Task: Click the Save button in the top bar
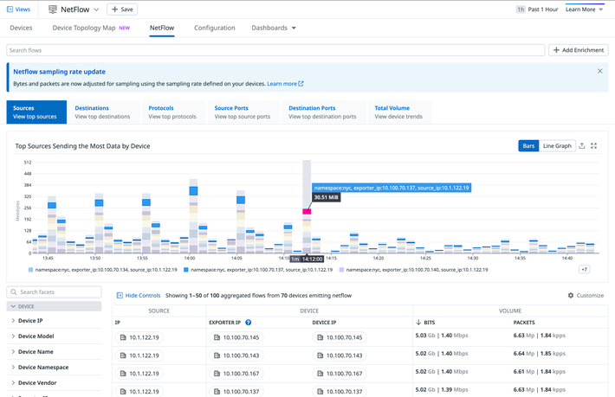point(121,9)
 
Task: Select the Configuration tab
point(214,28)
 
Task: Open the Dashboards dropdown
point(274,28)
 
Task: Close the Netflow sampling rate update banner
point(600,71)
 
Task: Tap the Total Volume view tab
point(398,112)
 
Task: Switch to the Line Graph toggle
point(557,146)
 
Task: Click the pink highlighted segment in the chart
point(307,211)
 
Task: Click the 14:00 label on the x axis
point(190,258)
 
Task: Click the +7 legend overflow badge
point(585,270)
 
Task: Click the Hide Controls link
point(139,295)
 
